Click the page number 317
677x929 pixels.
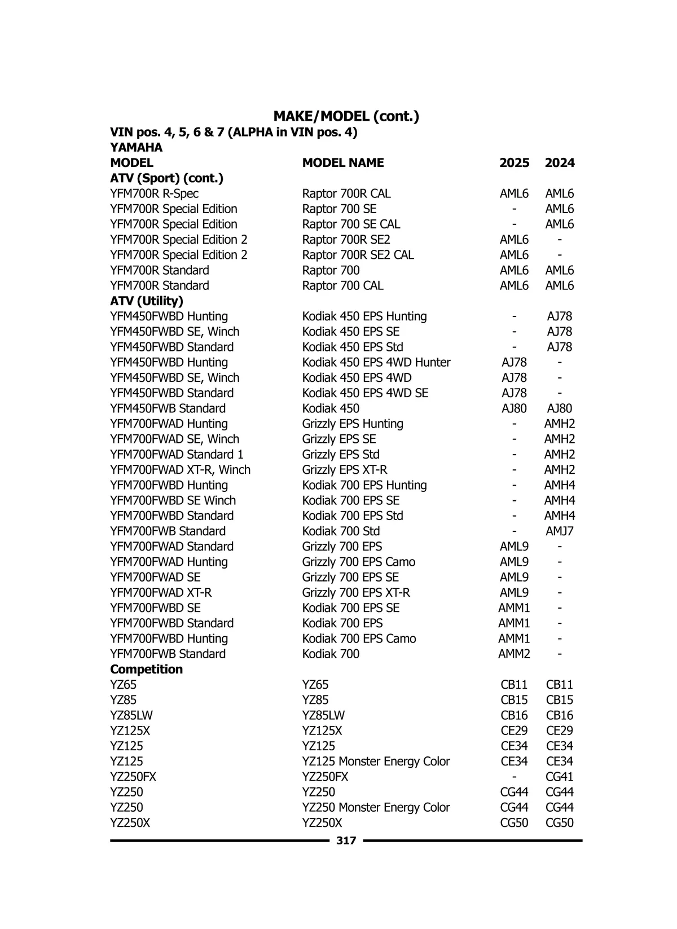pos(346,840)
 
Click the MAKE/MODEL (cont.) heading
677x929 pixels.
pos(346,116)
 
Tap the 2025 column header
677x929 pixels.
pos(514,163)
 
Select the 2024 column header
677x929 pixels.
pos(560,163)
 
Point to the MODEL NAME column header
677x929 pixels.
pos(342,163)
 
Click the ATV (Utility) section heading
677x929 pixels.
pos(147,301)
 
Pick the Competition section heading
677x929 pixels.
pos(146,670)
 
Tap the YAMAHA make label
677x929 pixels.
pos(136,148)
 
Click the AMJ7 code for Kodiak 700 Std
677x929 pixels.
pos(560,531)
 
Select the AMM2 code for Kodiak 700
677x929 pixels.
pos(514,654)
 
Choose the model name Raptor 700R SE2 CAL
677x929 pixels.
pos(358,255)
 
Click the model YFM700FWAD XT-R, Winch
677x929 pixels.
pos(180,470)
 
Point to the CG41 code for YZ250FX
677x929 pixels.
pos(560,777)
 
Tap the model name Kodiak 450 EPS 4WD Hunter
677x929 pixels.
pos(376,363)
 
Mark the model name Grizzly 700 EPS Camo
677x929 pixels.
pos(358,562)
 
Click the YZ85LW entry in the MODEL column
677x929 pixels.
pos(131,716)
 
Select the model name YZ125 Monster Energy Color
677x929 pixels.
pos(376,761)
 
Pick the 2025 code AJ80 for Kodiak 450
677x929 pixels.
pos(514,408)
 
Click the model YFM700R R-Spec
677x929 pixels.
pos(154,193)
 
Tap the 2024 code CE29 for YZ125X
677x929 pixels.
pos(560,731)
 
